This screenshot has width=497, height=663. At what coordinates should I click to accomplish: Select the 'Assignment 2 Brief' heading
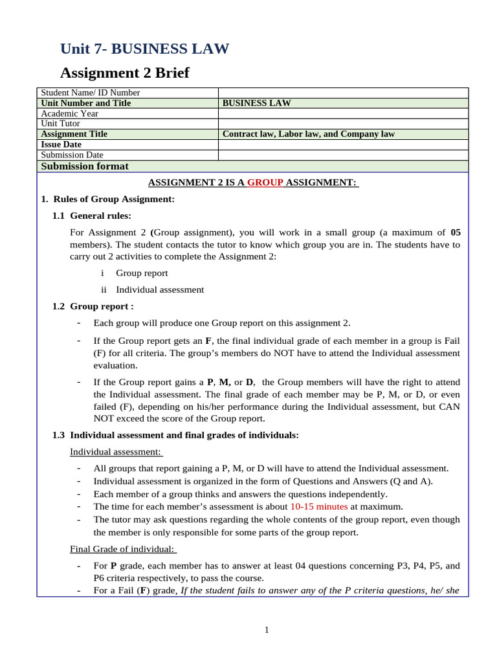pos(124,73)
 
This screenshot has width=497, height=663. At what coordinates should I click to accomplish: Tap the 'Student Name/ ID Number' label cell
pos(91,93)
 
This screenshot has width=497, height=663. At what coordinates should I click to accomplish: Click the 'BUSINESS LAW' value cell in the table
pos(256,103)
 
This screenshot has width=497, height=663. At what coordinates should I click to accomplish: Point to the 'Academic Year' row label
pos(69,113)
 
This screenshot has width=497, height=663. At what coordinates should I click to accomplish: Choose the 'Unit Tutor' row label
pos(61,124)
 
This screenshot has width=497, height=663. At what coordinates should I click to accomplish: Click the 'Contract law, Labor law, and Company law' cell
pos(308,134)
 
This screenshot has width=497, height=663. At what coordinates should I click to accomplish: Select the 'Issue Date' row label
pos(61,144)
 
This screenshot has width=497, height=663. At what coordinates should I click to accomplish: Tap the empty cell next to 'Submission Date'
pos(343,155)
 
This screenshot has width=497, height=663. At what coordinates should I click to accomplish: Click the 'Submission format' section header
pos(85,166)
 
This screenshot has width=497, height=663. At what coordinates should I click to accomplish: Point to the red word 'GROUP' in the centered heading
pos(265,183)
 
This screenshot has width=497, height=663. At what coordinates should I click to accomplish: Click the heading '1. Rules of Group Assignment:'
pos(107,199)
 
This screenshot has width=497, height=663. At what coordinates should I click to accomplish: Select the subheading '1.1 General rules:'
pos(92,216)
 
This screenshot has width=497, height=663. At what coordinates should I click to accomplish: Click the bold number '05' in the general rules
pos(455,232)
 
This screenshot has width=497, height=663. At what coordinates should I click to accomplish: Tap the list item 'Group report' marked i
pos(142,273)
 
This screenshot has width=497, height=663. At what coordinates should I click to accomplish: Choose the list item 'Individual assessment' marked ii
pos(160,289)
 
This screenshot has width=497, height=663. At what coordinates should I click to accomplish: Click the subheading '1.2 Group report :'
pos(93,306)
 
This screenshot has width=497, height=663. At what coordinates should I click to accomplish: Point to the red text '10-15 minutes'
pos(319,506)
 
